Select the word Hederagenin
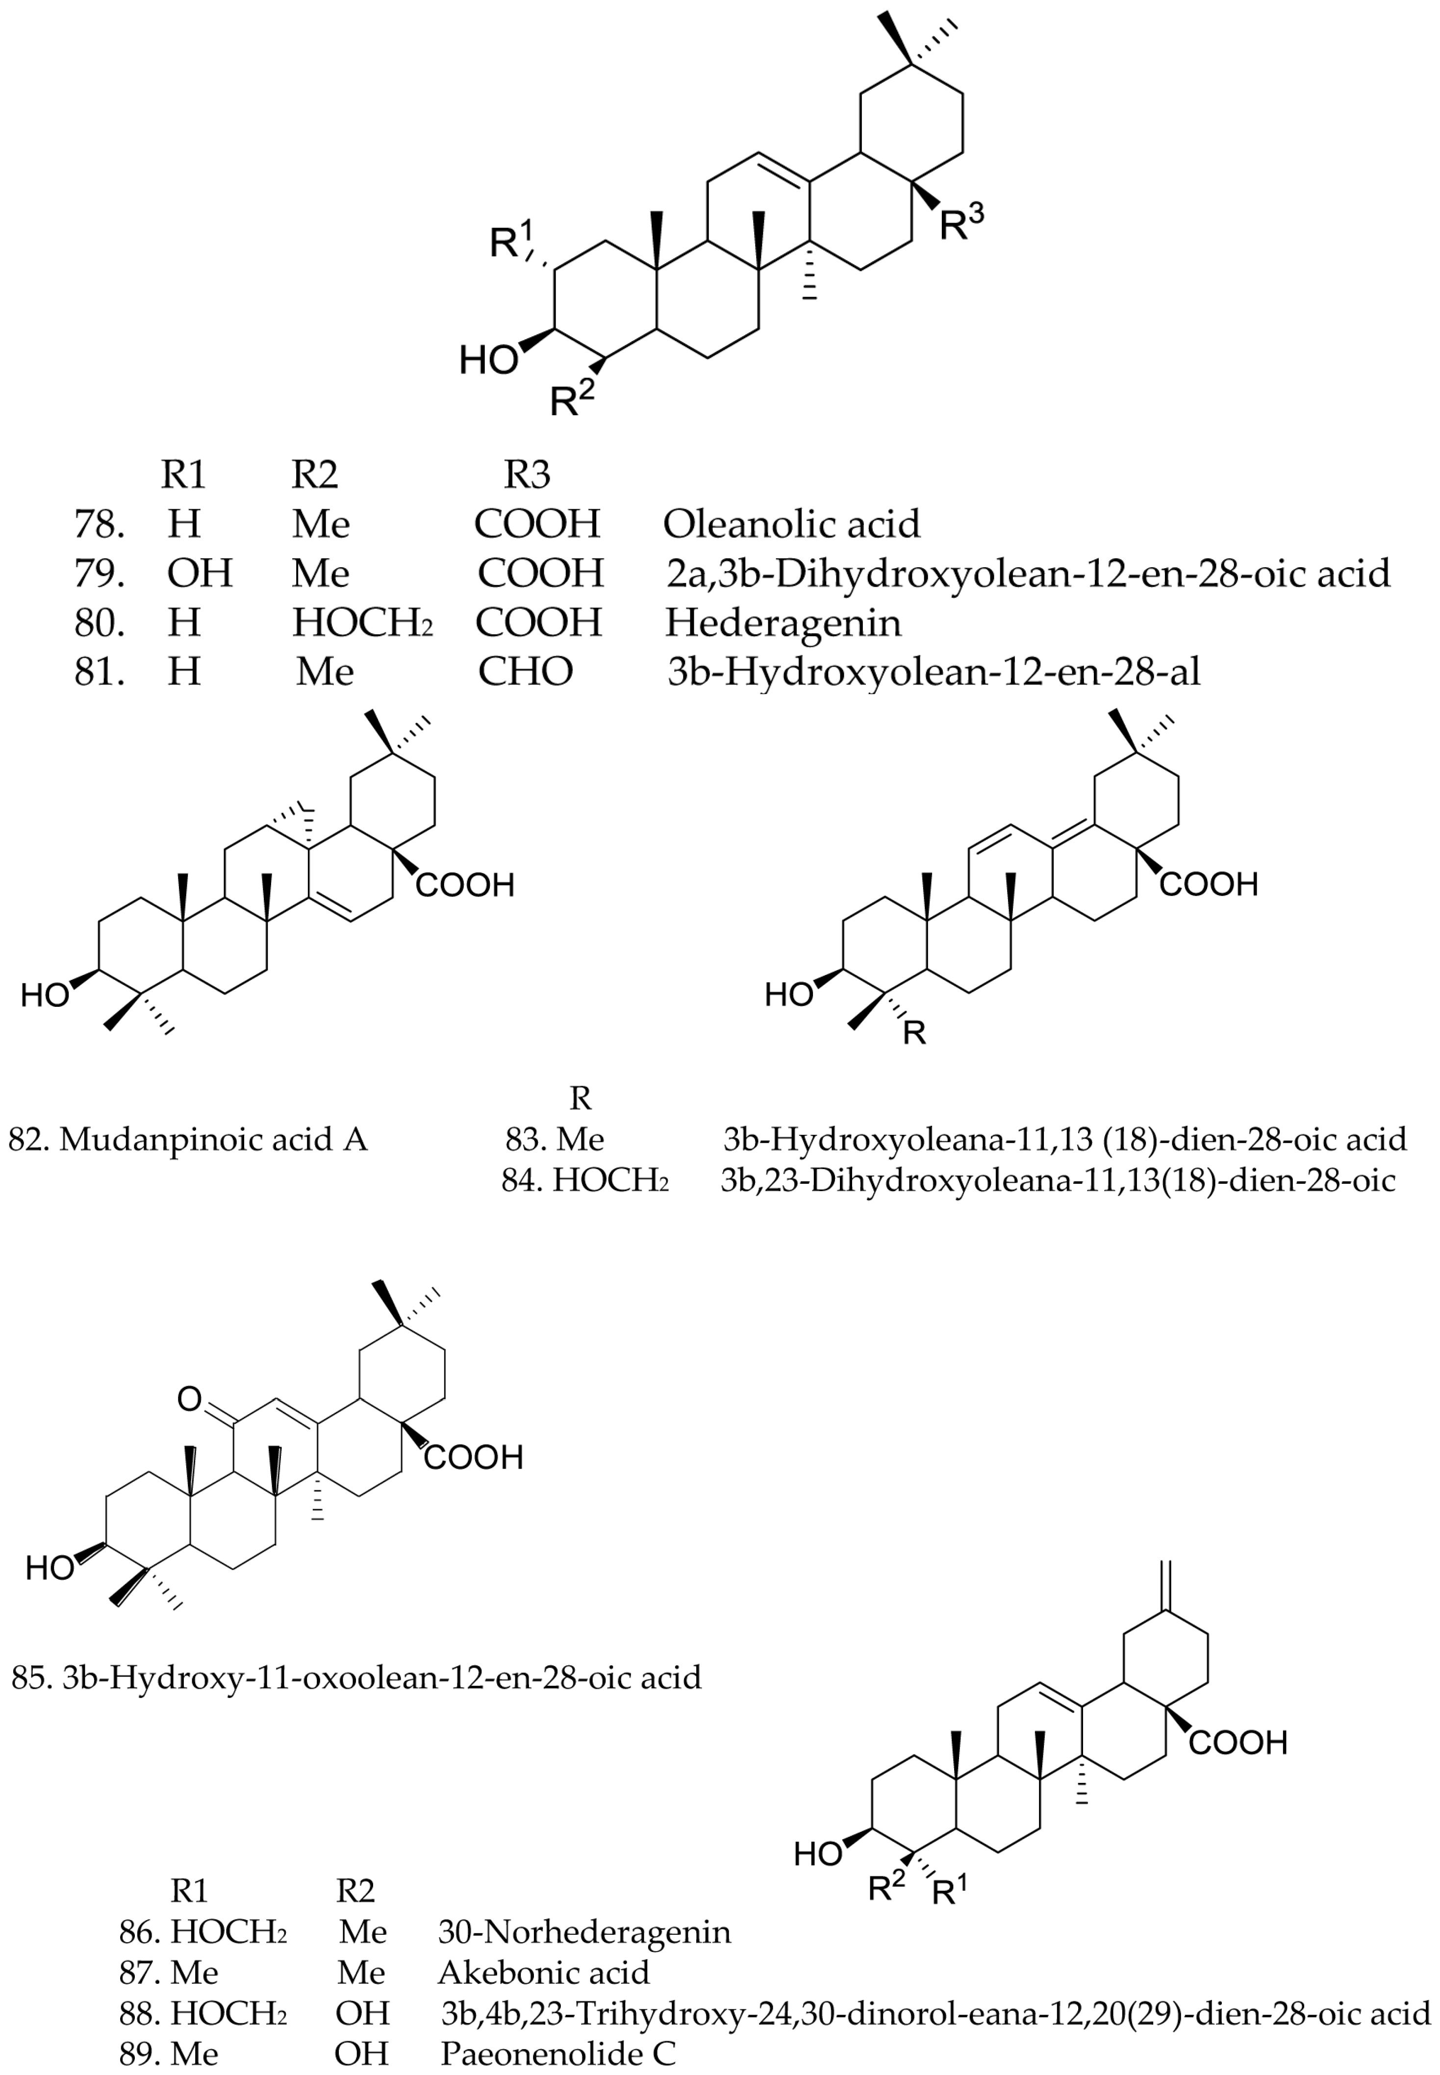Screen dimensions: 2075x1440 tap(783, 623)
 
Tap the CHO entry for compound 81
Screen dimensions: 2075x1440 tap(525, 671)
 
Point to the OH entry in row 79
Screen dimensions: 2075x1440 tap(200, 573)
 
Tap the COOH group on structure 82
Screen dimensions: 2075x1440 tap(465, 885)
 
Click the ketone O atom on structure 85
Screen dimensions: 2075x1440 tap(189, 1400)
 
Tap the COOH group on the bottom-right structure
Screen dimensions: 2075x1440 tap(1237, 1742)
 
